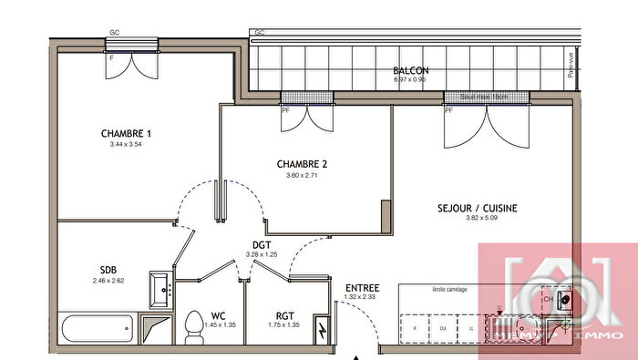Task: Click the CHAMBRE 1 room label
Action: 126,134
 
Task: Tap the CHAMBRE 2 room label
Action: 302,164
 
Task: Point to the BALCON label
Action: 410,70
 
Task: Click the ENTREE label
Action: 362,288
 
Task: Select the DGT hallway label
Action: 262,244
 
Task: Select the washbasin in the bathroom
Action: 161,288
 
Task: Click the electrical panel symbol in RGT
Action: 322,330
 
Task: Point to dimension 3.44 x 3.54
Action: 126,144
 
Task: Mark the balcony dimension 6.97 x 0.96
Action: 410,79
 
